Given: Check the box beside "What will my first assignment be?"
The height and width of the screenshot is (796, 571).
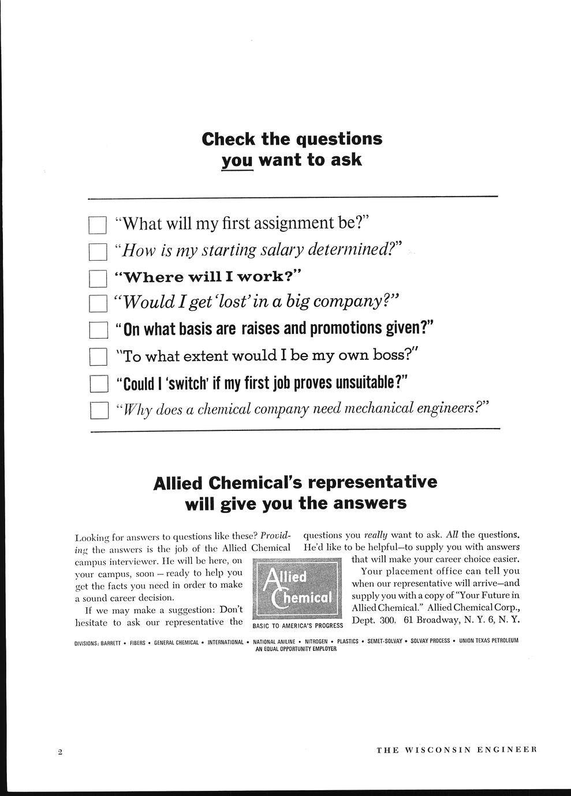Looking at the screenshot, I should click(x=98, y=225).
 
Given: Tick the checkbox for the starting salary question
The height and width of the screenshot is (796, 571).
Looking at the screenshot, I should click(x=98, y=251).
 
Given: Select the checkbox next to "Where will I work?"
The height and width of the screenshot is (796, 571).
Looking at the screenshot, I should click(x=98, y=278).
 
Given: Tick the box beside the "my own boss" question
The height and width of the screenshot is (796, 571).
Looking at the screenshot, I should click(x=99, y=357).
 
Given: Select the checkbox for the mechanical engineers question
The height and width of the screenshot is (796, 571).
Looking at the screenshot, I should click(x=99, y=410).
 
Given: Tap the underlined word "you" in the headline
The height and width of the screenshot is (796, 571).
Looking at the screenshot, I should click(x=237, y=160).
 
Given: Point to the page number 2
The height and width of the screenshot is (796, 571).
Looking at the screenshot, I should click(x=60, y=752).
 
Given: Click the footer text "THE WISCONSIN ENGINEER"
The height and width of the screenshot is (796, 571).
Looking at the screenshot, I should click(x=457, y=750).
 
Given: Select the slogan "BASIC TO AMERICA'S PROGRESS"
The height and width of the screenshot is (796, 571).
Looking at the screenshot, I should click(x=298, y=625).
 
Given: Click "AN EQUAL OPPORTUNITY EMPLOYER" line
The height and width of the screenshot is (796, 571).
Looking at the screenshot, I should click(x=296, y=649).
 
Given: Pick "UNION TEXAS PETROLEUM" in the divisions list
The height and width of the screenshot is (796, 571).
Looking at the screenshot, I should click(x=489, y=641).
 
